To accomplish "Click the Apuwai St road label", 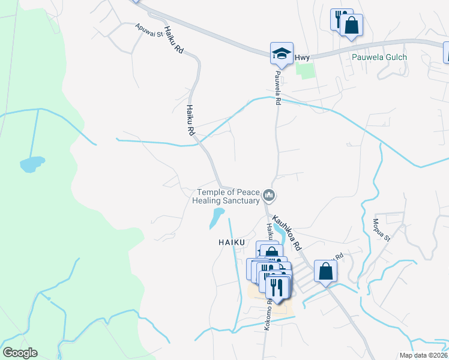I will pos(149,31).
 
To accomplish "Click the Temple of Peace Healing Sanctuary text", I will pos(229,197).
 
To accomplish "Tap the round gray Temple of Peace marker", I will pos(270,196).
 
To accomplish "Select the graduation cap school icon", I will pos(281,53).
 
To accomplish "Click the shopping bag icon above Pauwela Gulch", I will pos(352,25).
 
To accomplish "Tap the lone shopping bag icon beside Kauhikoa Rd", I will pos(325,271).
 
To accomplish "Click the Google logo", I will pos(20,353).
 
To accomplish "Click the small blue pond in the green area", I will pos(32,163).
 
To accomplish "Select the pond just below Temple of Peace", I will pos(215,218).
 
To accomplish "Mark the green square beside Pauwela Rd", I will pos(306,71).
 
